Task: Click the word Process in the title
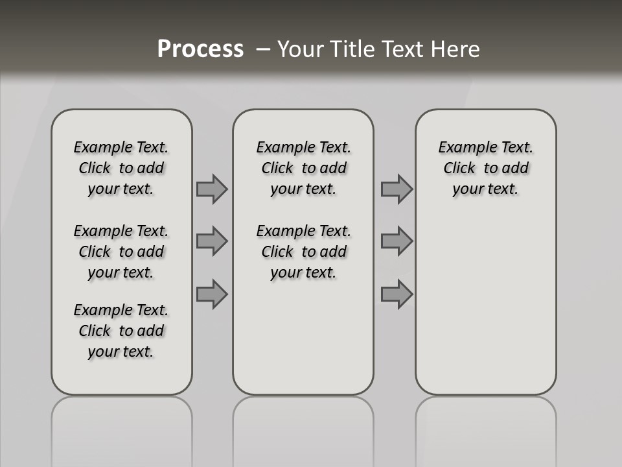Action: pyautogui.click(x=200, y=49)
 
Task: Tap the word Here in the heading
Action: pyautogui.click(x=455, y=49)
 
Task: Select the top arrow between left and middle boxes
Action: pyautogui.click(x=212, y=189)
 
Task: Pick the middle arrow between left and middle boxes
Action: pyautogui.click(x=212, y=241)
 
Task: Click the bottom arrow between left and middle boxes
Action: pyautogui.click(x=212, y=294)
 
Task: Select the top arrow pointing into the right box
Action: pyautogui.click(x=397, y=189)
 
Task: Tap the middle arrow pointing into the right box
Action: pyautogui.click(x=397, y=241)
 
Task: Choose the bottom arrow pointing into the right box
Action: pyautogui.click(x=397, y=294)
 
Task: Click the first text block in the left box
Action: pyautogui.click(x=121, y=168)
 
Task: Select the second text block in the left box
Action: pyautogui.click(x=121, y=252)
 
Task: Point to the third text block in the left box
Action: pyautogui.click(x=121, y=331)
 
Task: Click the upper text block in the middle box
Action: pyautogui.click(x=303, y=168)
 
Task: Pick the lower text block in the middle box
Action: pyautogui.click(x=303, y=252)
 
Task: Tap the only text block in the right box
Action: pyautogui.click(x=485, y=168)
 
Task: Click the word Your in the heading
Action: pyautogui.click(x=301, y=49)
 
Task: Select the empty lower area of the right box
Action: pyautogui.click(x=485, y=298)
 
